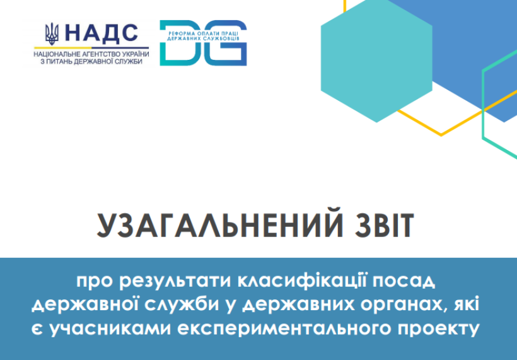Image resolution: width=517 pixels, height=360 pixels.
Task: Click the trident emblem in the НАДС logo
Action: [52, 34]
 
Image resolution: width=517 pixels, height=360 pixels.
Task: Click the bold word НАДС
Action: [102, 34]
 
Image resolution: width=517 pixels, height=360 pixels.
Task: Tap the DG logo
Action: [203, 43]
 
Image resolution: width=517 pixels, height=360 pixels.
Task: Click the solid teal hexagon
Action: [376, 61]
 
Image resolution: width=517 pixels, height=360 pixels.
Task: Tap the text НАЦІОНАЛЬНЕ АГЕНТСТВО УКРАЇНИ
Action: [91, 54]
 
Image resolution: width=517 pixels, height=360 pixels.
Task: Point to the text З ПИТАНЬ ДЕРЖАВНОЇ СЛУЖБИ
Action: [91, 61]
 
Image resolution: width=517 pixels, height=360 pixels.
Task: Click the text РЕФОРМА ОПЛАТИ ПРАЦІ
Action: [203, 33]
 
